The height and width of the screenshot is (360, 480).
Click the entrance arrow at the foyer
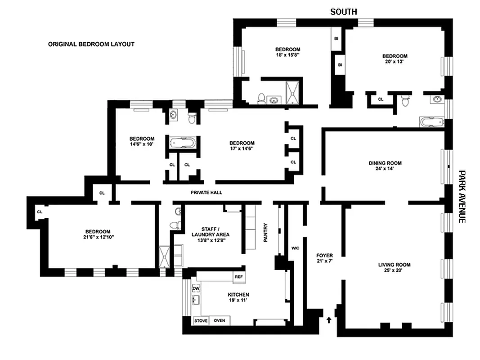coord(329,319)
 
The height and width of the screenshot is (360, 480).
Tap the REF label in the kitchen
coord(238,277)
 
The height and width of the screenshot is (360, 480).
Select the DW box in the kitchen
coord(196,288)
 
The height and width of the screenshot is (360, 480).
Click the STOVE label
coord(201,321)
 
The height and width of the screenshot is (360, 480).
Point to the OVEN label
coord(220,321)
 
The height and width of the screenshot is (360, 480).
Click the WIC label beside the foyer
coord(295,248)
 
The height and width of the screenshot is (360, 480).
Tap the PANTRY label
coord(265,233)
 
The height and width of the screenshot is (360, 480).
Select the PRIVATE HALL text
coord(206,193)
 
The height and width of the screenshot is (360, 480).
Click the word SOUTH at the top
coord(344,12)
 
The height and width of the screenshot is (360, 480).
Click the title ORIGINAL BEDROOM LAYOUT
coord(91,45)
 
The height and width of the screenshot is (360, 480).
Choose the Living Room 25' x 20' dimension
coord(394,271)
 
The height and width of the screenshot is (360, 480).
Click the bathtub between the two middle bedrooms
coord(182,144)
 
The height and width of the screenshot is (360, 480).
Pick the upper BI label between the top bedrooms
coord(336,39)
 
